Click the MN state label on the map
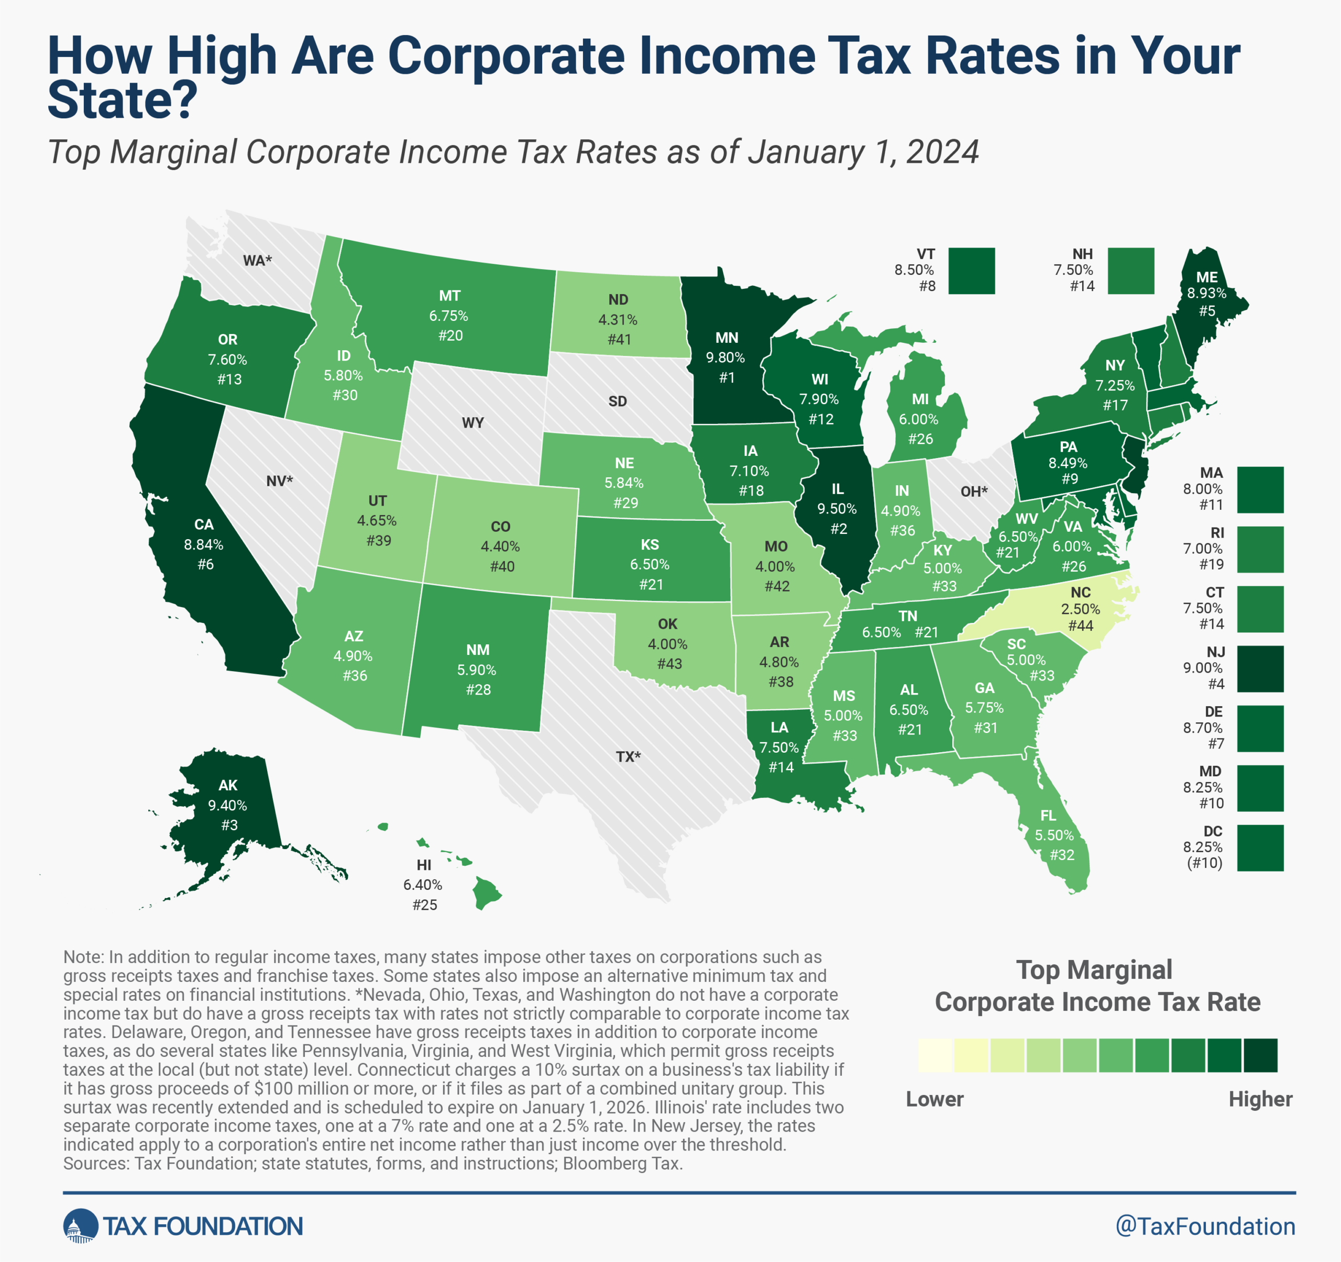pos(727,338)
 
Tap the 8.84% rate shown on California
pos(204,544)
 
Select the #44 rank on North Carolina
pos(1081,626)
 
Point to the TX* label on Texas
pos(628,756)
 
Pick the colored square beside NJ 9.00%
pos(1260,669)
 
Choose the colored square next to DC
pos(1260,847)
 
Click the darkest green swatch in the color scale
pos(1260,1055)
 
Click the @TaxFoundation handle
pos(1205,1226)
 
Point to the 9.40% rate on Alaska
pos(227,805)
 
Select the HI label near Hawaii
pos(424,865)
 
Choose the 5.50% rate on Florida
pos(1053,835)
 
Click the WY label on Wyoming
pos(473,423)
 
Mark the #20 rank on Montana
pos(450,335)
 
